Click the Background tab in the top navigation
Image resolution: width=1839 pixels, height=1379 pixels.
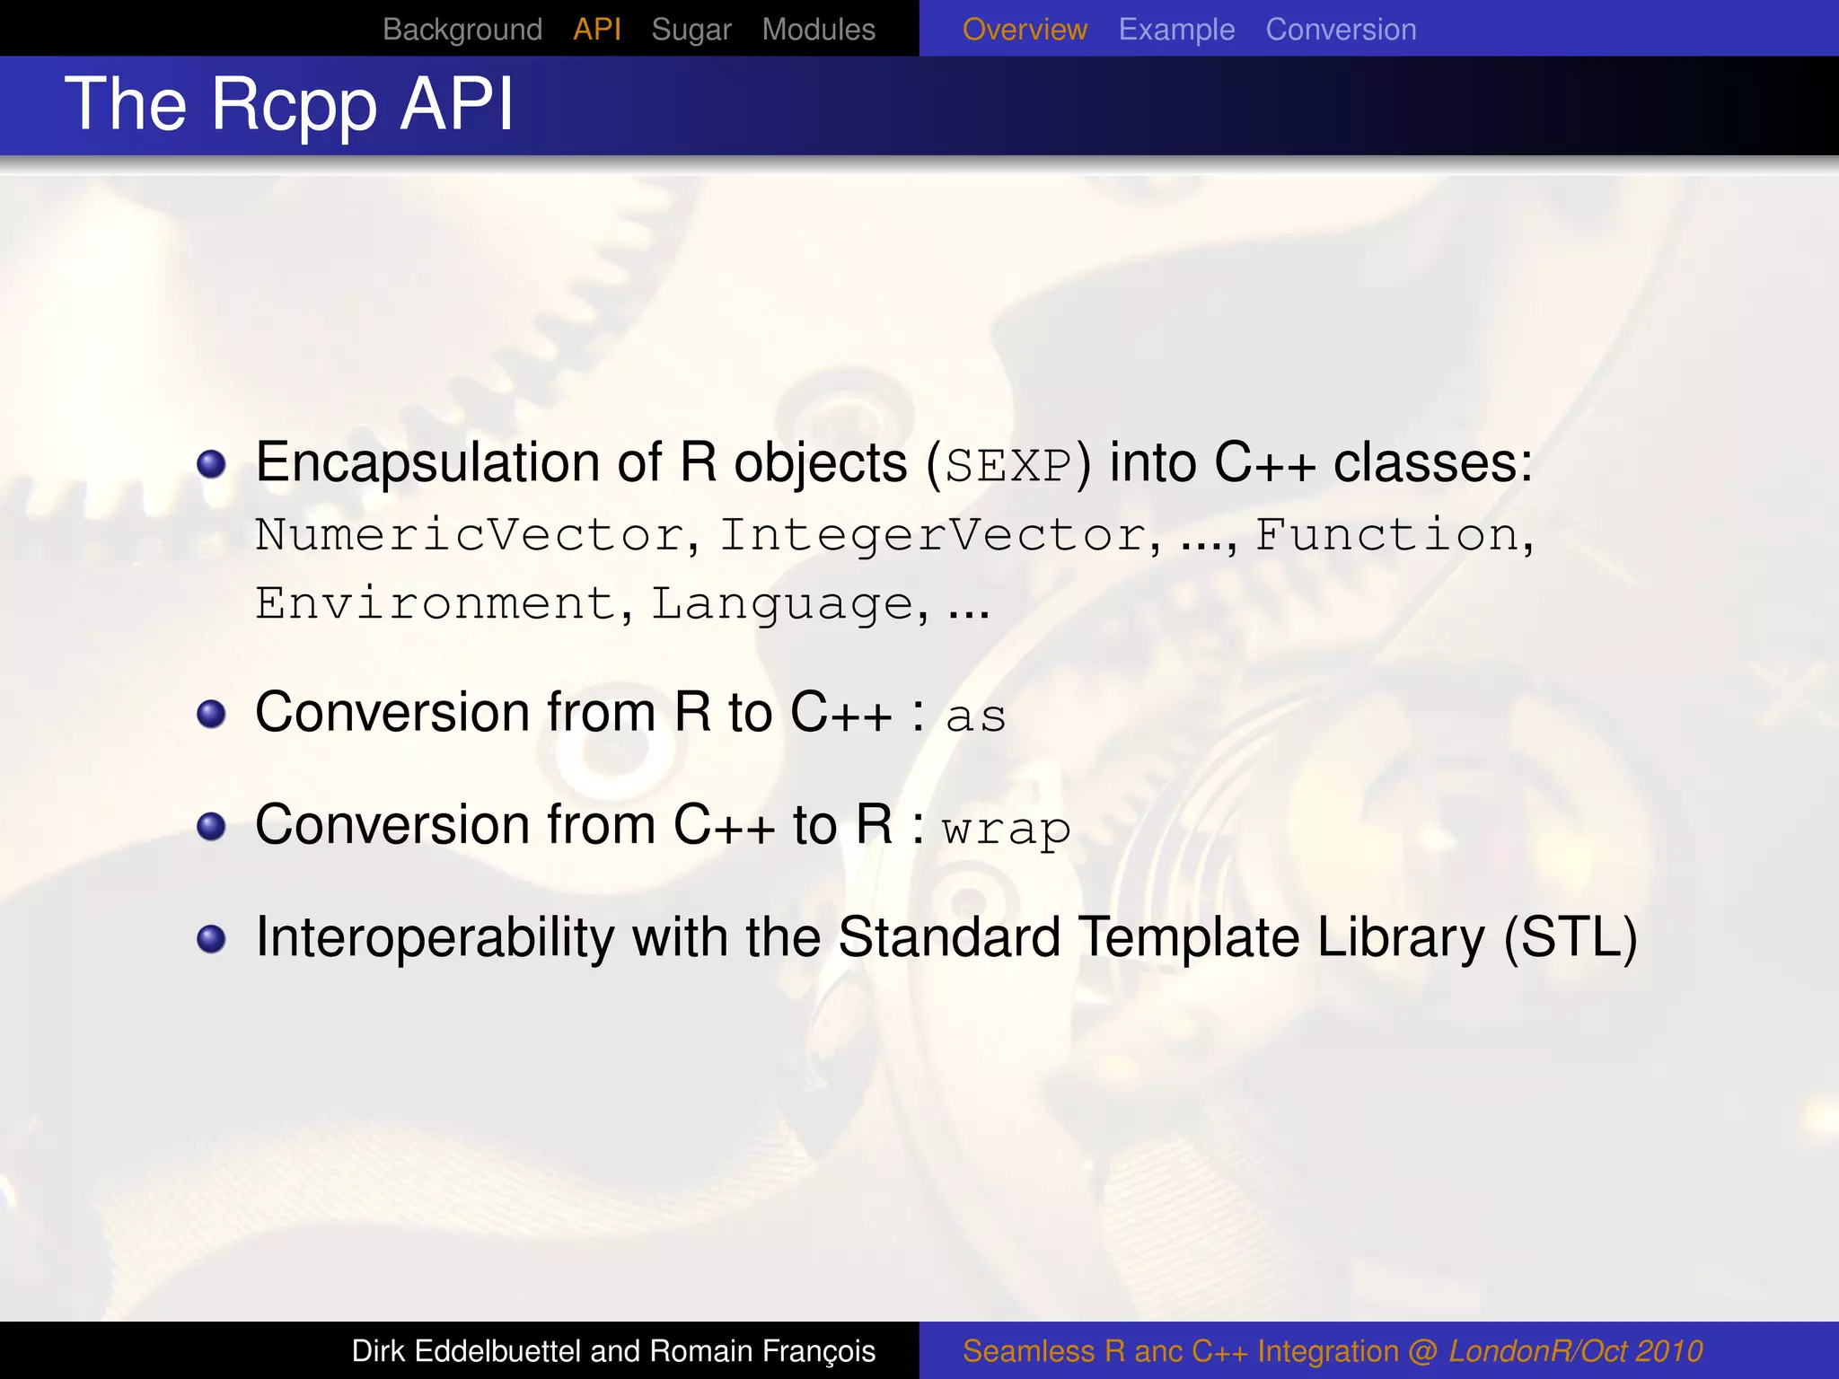[x=462, y=30]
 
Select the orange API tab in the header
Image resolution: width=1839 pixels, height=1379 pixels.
[x=597, y=30]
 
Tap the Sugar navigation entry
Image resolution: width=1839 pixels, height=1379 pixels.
[x=691, y=30]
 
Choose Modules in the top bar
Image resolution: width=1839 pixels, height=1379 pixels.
[x=818, y=30]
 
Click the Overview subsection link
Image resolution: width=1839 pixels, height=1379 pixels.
[x=1025, y=30]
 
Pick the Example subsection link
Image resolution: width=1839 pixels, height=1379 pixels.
[x=1176, y=30]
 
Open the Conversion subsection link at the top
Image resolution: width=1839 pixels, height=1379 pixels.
[x=1341, y=30]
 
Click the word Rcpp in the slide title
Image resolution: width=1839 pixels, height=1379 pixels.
[x=294, y=106]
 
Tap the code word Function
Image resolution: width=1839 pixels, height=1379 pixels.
[x=1386, y=535]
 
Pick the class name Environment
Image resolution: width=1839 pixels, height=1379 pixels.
[x=436, y=603]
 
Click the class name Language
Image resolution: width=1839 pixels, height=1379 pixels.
[x=782, y=603]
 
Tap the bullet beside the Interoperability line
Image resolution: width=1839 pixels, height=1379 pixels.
[x=211, y=939]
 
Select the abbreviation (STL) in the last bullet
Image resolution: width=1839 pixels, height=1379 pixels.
[x=1571, y=938]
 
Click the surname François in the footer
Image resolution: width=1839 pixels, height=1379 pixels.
[x=818, y=1351]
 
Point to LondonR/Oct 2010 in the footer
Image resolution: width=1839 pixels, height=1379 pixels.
[x=1576, y=1351]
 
